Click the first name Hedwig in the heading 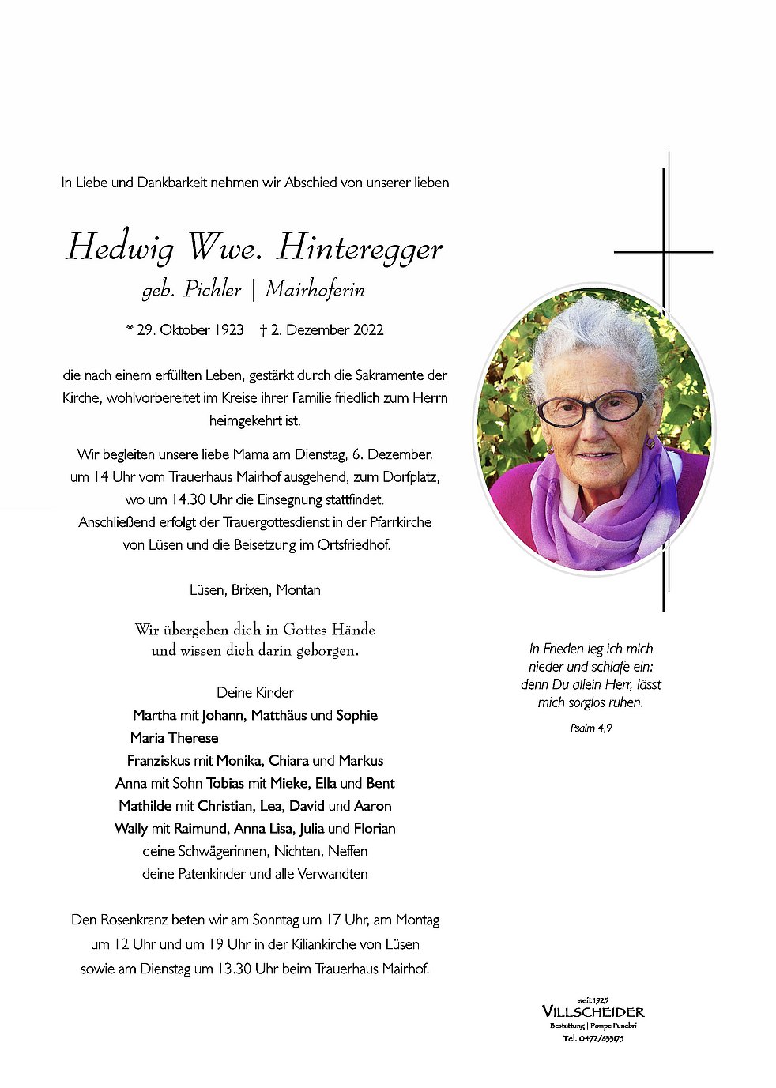120,247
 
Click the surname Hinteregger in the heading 360,247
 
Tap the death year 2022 368,330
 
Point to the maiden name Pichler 212,290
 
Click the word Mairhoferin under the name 315,290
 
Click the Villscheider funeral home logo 593,1012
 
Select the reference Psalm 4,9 591,728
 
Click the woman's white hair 597,332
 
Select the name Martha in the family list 155,716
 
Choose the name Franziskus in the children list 159,761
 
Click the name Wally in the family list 131,829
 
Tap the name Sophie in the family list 356,716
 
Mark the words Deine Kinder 255,693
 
